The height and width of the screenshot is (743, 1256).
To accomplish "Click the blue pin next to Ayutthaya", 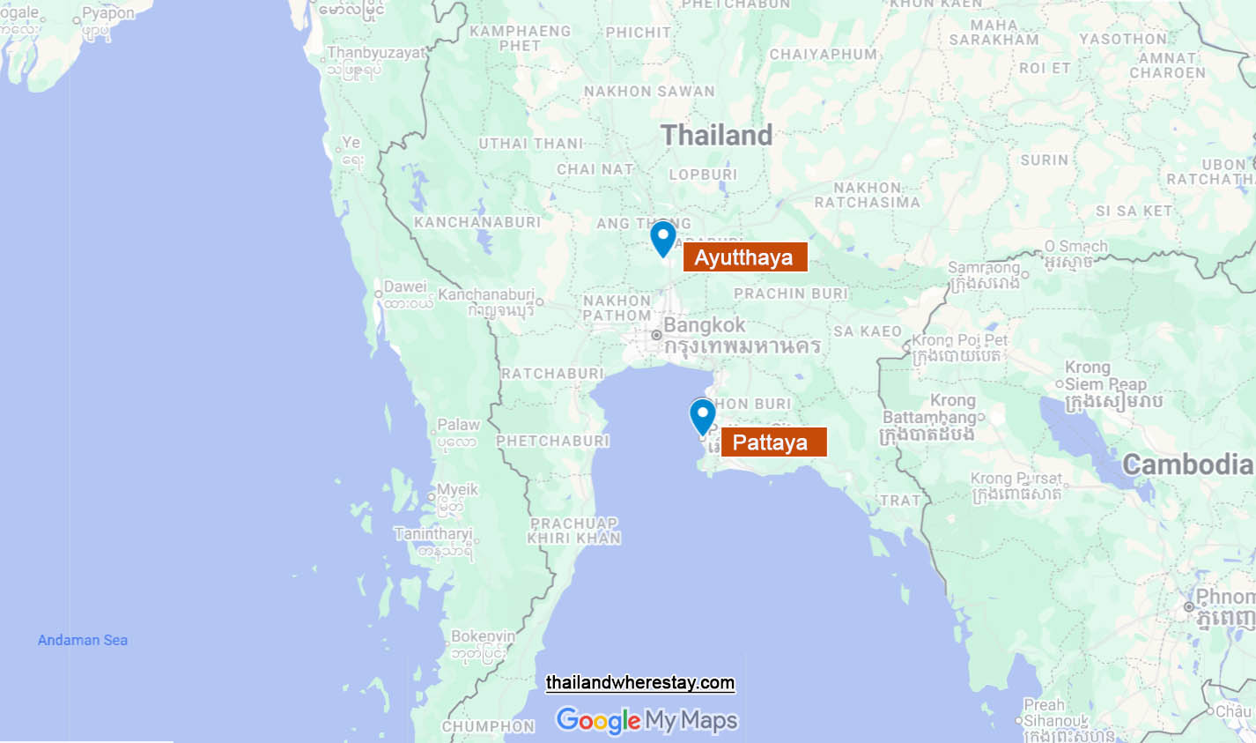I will click(x=663, y=236).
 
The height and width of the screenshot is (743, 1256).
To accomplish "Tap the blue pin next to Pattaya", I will click(x=702, y=415).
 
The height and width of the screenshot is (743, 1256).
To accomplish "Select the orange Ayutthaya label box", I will click(x=744, y=257).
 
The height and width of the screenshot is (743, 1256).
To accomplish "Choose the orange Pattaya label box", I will click(x=772, y=442).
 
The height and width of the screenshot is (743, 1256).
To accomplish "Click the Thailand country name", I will click(x=716, y=135).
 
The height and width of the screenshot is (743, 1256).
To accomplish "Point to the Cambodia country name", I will click(x=1186, y=464).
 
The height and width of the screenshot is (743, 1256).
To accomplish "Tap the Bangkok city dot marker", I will click(x=656, y=335).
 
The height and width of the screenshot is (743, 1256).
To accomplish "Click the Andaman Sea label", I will click(x=83, y=641).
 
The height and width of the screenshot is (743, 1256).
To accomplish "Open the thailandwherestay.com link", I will click(x=640, y=683).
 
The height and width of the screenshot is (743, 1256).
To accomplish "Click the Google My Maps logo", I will click(x=646, y=721).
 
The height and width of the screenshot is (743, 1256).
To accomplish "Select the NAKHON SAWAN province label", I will click(x=649, y=92).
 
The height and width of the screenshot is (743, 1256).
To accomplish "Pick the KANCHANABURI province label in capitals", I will click(x=477, y=222).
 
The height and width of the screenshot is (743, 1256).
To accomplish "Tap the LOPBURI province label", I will click(x=703, y=175).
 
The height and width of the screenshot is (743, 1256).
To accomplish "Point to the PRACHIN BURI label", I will click(x=791, y=293).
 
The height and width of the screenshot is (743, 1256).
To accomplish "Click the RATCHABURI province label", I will click(x=553, y=374).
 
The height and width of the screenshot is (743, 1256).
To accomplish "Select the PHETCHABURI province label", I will click(x=552, y=441).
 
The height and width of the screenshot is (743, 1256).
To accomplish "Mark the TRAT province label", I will click(x=900, y=501).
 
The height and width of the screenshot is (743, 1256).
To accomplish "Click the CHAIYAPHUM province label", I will click(x=824, y=55).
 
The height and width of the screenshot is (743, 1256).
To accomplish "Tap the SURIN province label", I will click(x=1044, y=160).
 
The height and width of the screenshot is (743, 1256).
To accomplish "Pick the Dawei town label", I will click(x=405, y=287).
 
